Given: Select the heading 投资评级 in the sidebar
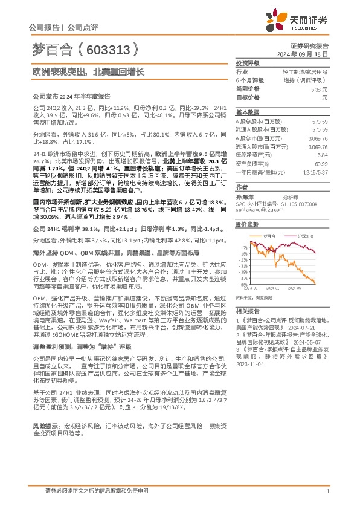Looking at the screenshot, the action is click(x=247, y=63).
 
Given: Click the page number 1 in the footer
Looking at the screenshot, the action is click(x=327, y=491).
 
